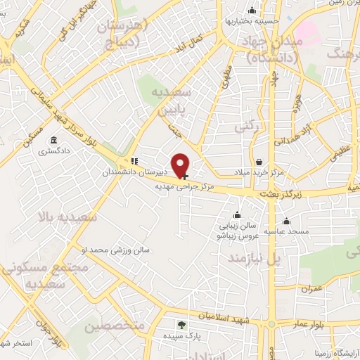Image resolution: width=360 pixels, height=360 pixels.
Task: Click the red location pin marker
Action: pos(182,165)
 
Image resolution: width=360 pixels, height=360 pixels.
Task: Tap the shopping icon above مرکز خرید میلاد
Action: pos(259,162)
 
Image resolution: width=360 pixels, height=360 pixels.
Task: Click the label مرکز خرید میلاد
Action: pos(259,172)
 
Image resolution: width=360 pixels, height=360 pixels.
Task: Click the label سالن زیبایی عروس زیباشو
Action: pos(236,232)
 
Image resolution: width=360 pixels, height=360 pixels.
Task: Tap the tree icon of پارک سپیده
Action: pos(182,325)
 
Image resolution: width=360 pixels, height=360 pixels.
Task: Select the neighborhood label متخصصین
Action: pos(115,326)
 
